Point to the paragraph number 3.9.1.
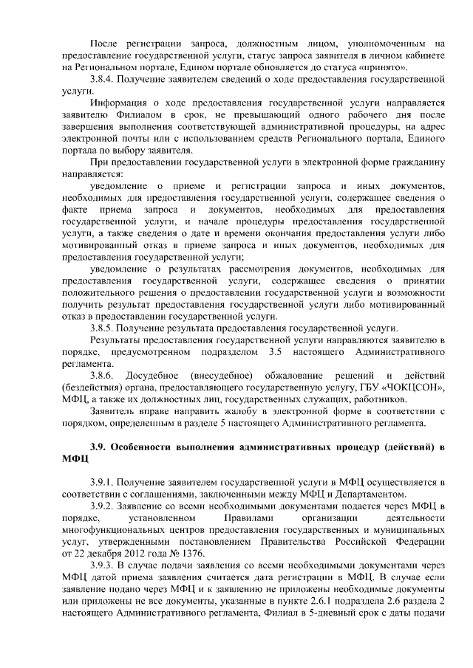[x=102, y=482]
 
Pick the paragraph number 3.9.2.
[x=102, y=506]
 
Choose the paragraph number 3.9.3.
[x=102, y=565]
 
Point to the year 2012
[x=129, y=553]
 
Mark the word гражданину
[x=416, y=163]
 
